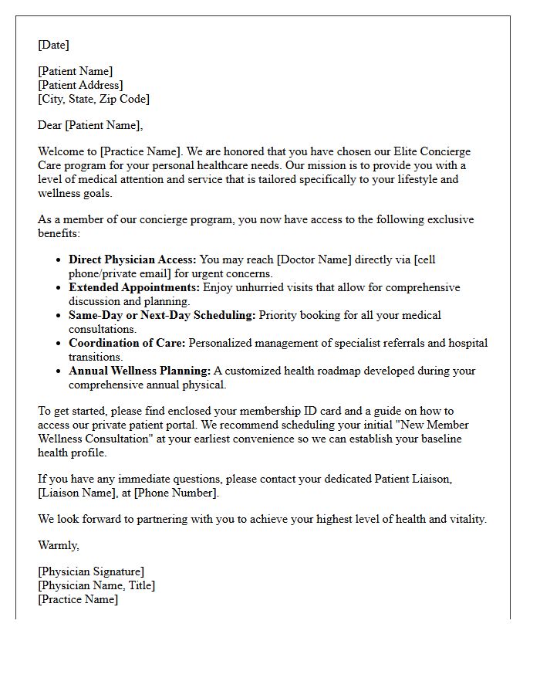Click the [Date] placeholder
click(53, 45)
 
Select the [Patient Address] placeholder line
click(80, 85)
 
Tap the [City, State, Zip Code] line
click(93, 99)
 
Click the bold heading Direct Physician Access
click(132, 259)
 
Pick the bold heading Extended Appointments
click(134, 287)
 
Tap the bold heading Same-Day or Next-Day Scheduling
click(162, 315)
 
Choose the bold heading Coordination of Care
click(127, 343)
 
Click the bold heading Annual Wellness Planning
click(140, 371)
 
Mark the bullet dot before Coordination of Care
click(59, 343)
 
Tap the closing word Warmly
click(58, 545)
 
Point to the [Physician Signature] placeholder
click(91, 571)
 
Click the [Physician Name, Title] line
click(96, 585)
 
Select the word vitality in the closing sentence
click(464, 519)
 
